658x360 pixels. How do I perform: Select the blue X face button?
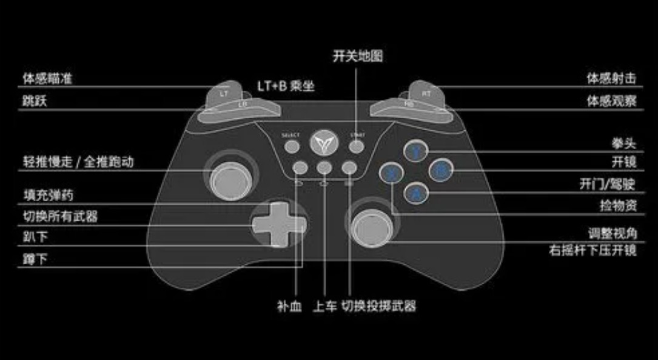tap(392, 173)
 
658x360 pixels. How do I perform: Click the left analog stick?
tap(228, 175)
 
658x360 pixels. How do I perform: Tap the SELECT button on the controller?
tap(292, 146)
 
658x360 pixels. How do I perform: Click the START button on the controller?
tap(357, 146)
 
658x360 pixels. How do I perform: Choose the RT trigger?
tap(426, 93)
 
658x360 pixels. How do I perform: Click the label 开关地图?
tap(358, 56)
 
